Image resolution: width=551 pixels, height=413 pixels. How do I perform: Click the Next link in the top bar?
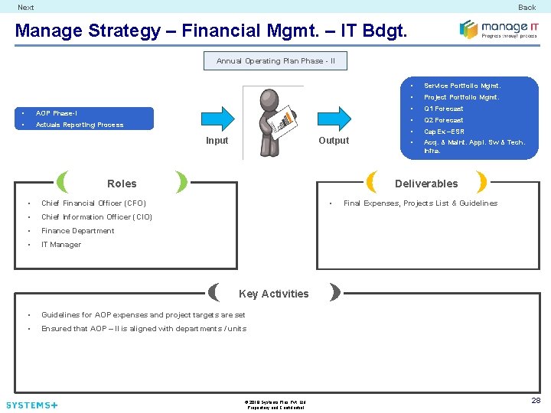(26, 8)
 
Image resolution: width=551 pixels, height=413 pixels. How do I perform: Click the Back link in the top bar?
(527, 8)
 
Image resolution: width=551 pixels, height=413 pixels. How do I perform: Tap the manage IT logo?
(493, 29)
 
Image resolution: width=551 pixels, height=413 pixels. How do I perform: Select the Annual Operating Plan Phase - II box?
(275, 61)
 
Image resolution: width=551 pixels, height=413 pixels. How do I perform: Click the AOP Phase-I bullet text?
(57, 113)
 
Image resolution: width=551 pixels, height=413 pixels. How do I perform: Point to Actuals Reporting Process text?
(80, 125)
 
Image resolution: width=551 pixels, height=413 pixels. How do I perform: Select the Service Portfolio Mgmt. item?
(461, 86)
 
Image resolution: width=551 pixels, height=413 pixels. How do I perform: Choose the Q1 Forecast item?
(443, 109)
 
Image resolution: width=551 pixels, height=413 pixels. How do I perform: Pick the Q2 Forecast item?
(443, 120)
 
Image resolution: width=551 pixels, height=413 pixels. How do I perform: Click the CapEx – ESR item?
(444, 132)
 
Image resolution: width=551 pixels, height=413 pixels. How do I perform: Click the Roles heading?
(122, 184)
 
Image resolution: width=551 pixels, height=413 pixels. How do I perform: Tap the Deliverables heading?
(426, 184)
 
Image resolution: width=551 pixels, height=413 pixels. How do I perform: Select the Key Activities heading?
(273, 294)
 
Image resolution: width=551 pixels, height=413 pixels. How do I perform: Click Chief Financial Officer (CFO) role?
(93, 203)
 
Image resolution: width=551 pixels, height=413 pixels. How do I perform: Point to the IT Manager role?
(61, 245)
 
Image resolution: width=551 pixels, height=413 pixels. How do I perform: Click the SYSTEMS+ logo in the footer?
(31, 405)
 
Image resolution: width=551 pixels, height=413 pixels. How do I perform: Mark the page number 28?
(536, 401)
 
